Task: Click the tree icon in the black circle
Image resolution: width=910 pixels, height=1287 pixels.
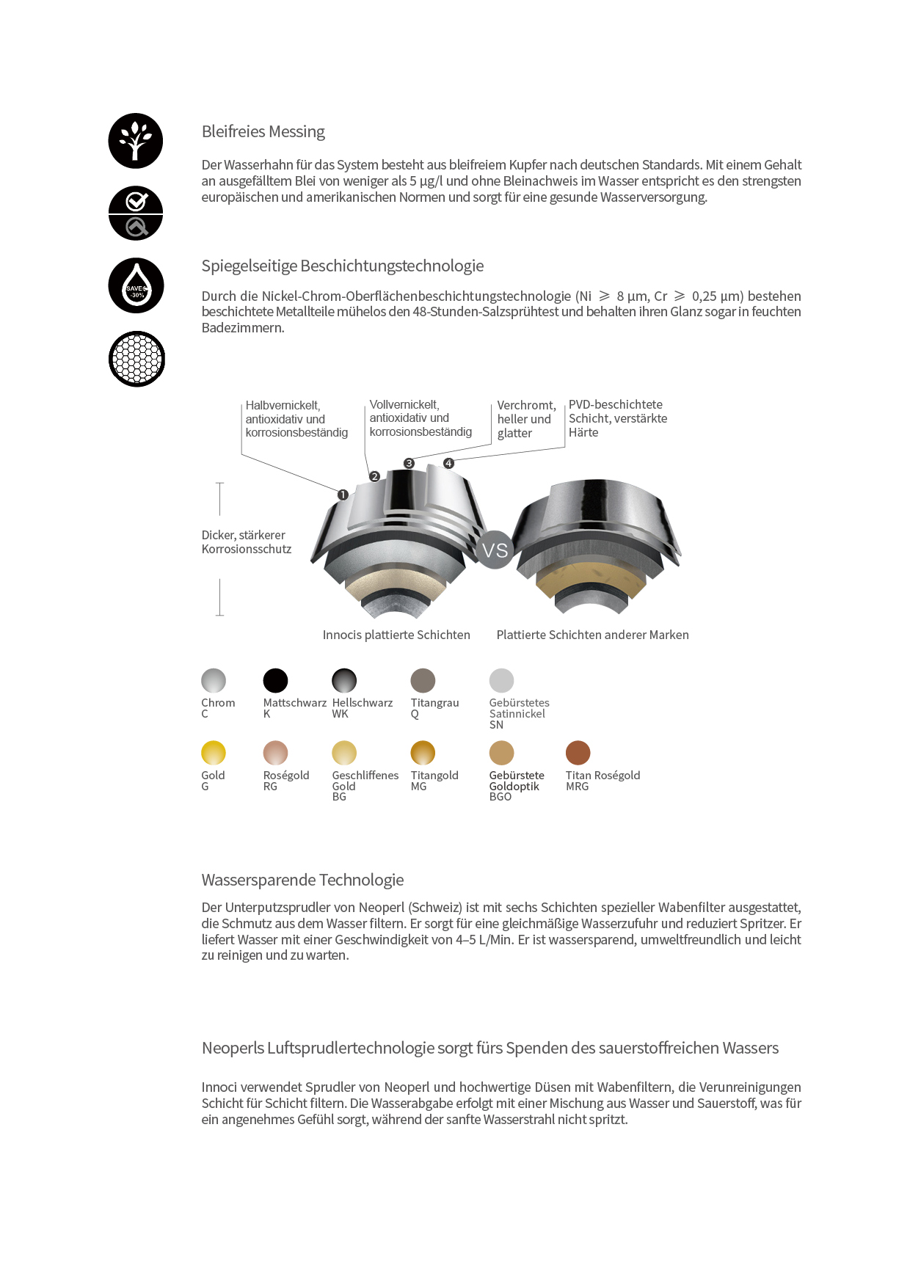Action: pyautogui.click(x=136, y=141)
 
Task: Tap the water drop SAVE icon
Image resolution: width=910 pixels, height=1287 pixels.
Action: pyautogui.click(x=136, y=285)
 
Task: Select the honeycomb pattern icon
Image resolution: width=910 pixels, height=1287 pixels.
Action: pyautogui.click(x=136, y=359)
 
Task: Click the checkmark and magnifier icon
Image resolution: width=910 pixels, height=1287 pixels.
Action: pyautogui.click(x=136, y=213)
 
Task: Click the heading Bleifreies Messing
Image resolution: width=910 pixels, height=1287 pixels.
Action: pyautogui.click(x=263, y=132)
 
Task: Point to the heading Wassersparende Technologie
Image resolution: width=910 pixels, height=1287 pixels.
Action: pyautogui.click(x=302, y=880)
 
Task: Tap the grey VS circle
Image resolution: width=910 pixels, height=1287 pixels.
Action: pyautogui.click(x=495, y=550)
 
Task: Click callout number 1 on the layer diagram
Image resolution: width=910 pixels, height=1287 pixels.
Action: pyautogui.click(x=343, y=495)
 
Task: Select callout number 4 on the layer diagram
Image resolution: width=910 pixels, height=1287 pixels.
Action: pyautogui.click(x=448, y=464)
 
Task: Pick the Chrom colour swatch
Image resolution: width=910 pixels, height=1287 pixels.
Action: pyautogui.click(x=214, y=680)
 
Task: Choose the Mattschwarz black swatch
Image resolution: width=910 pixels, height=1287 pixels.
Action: pyautogui.click(x=275, y=680)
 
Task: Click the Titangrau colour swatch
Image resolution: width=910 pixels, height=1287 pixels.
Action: pyautogui.click(x=423, y=680)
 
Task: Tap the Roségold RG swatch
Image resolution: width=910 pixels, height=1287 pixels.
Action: pyautogui.click(x=275, y=753)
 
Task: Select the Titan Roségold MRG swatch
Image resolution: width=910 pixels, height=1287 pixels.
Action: pyautogui.click(x=578, y=753)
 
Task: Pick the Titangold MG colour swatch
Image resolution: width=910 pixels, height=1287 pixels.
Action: pyautogui.click(x=423, y=753)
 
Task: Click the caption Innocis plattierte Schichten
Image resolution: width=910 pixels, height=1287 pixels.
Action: pyautogui.click(x=396, y=635)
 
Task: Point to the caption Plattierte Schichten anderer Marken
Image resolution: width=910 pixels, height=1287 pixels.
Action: pyautogui.click(x=592, y=635)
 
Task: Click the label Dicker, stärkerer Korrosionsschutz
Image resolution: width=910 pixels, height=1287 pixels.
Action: pyautogui.click(x=246, y=542)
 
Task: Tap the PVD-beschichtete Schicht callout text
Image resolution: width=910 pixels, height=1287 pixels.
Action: pyautogui.click(x=617, y=418)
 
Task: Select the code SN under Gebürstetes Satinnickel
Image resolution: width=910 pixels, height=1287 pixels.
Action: pyautogui.click(x=497, y=725)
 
